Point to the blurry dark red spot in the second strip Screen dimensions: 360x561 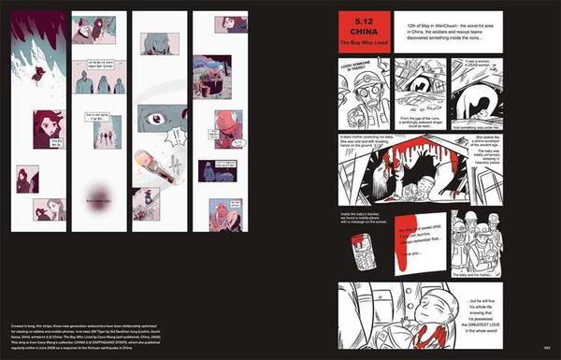point(94,194)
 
